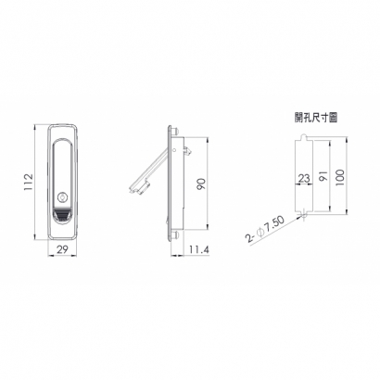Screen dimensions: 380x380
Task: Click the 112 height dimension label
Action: click(29, 182)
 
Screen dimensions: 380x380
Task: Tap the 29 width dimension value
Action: click(62, 249)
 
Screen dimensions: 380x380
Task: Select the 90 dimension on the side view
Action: click(201, 184)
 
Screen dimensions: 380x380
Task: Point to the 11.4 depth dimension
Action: click(199, 249)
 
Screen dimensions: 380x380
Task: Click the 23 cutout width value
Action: click(304, 178)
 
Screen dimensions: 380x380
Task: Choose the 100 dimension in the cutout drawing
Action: click(339, 177)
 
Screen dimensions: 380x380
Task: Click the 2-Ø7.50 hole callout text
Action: click(264, 230)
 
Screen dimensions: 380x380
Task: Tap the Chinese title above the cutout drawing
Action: click(315, 118)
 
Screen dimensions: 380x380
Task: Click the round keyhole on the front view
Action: click(63, 197)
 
